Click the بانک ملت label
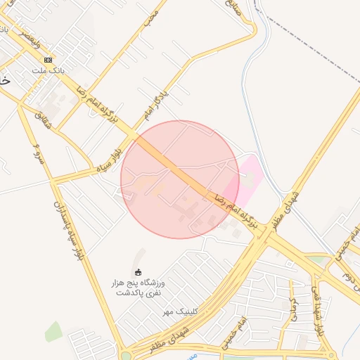47,71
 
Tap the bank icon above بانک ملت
48,60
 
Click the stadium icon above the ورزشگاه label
138,272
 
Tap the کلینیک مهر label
180,311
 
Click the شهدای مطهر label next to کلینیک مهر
169,337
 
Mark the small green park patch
53,330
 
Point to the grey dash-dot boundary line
316,42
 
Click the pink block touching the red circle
248,176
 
